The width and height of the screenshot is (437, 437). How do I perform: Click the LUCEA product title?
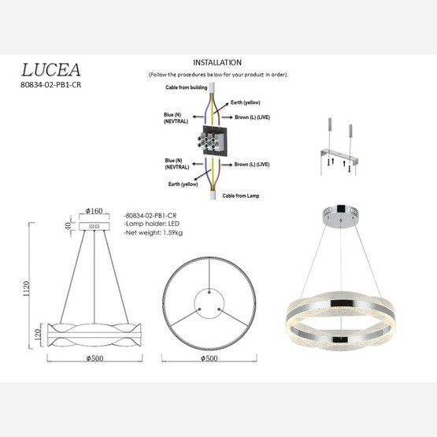(49, 70)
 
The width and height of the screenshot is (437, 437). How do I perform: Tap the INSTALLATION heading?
(217, 62)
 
